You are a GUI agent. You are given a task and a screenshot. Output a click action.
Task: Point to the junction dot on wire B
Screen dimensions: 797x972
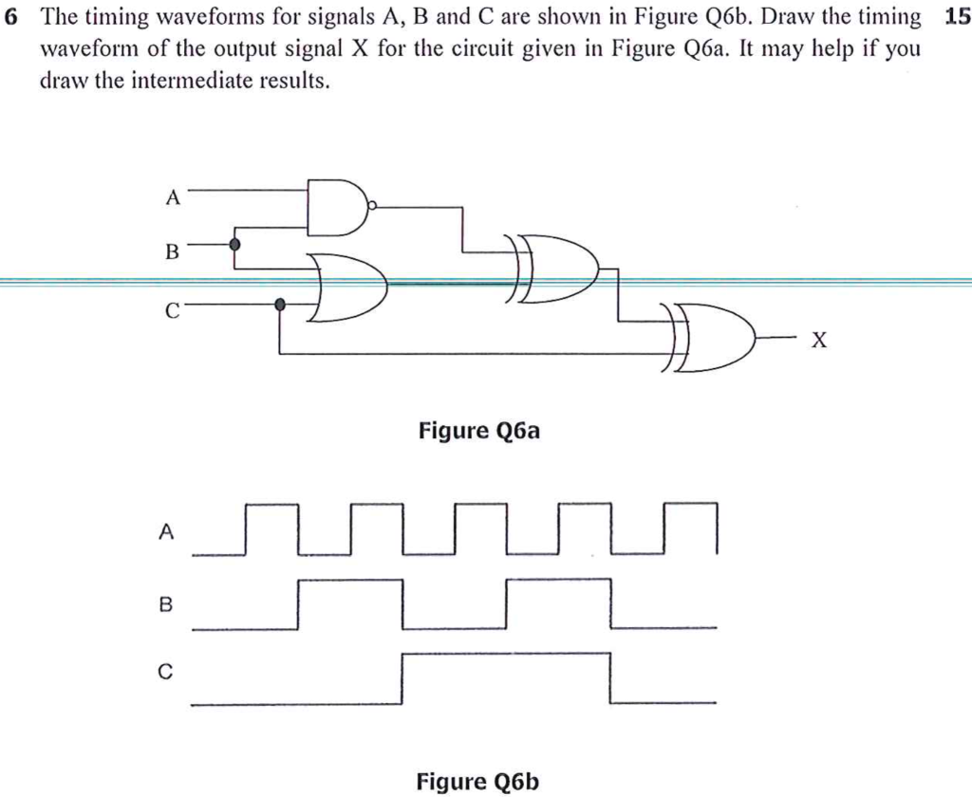[234, 245]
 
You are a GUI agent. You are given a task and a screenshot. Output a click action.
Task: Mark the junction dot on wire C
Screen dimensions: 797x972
[279, 305]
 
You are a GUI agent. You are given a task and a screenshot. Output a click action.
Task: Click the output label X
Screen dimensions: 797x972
[819, 341]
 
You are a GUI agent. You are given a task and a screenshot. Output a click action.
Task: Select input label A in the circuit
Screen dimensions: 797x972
[172, 197]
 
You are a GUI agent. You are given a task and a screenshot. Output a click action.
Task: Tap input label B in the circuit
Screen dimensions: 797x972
[172, 252]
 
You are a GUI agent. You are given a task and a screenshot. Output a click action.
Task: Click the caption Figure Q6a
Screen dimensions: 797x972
[478, 432]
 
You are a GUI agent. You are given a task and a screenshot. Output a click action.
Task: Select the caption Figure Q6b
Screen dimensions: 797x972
[478, 781]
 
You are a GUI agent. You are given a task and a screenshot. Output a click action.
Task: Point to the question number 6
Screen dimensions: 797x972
[11, 17]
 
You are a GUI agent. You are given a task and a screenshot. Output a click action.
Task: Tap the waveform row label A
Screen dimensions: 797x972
[166, 533]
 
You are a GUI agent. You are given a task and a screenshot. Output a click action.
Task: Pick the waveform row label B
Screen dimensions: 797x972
[166, 603]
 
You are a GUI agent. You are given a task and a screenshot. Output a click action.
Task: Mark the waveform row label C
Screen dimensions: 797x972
[166, 674]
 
